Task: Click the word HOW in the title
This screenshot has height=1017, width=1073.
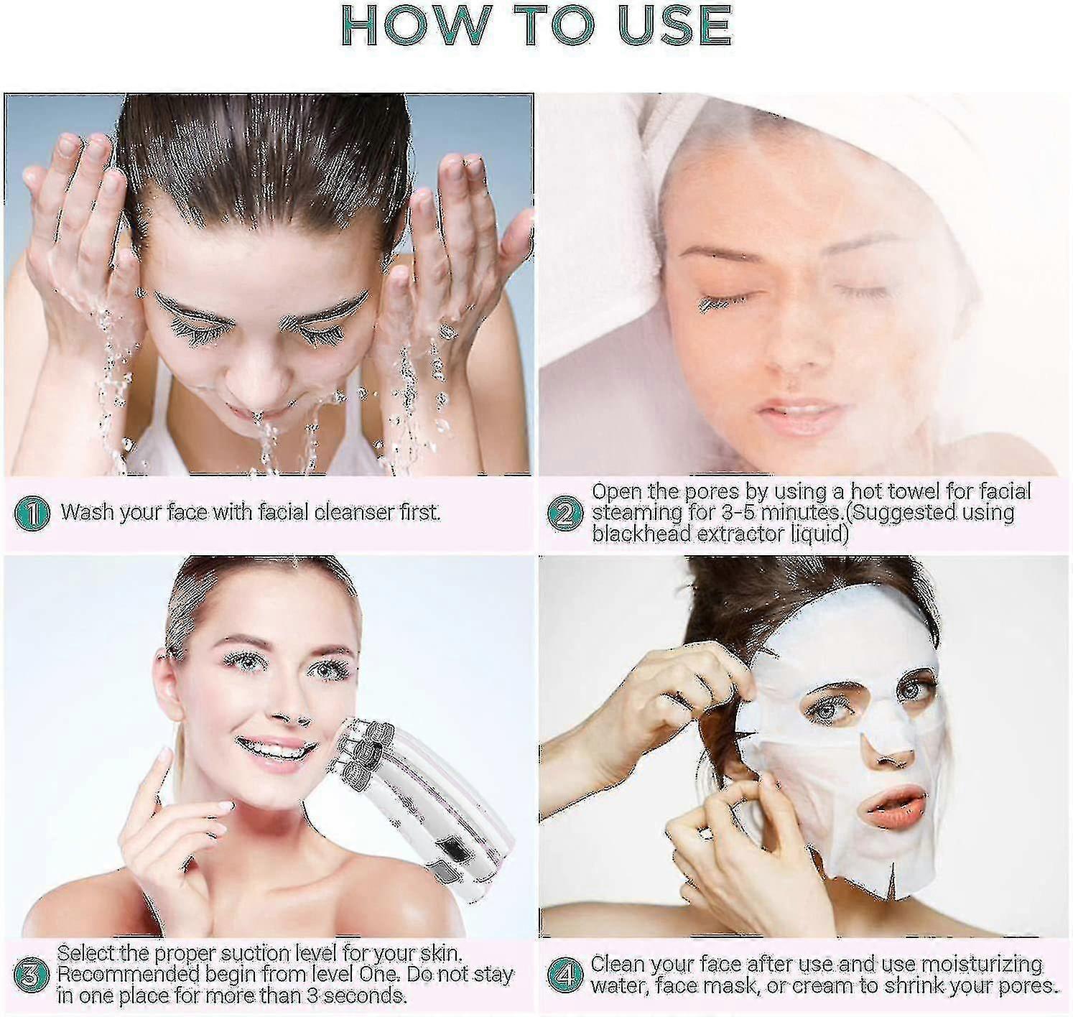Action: pos(416,26)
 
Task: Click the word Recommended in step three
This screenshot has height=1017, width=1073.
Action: pos(129,975)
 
